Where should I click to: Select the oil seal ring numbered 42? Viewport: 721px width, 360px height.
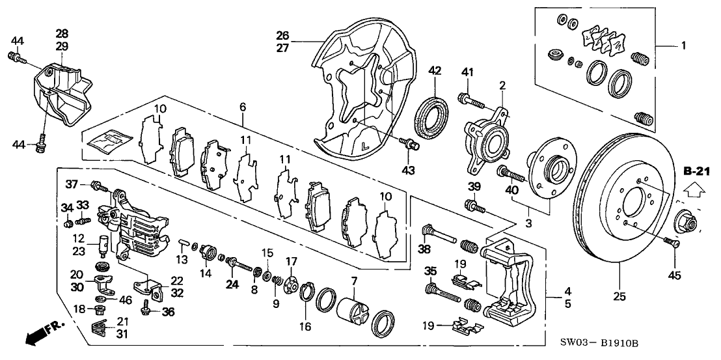point(431,116)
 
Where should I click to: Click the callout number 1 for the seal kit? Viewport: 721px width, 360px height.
point(683,47)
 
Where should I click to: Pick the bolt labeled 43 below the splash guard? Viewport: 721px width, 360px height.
point(410,144)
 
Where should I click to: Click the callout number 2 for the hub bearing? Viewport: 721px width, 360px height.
point(502,85)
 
